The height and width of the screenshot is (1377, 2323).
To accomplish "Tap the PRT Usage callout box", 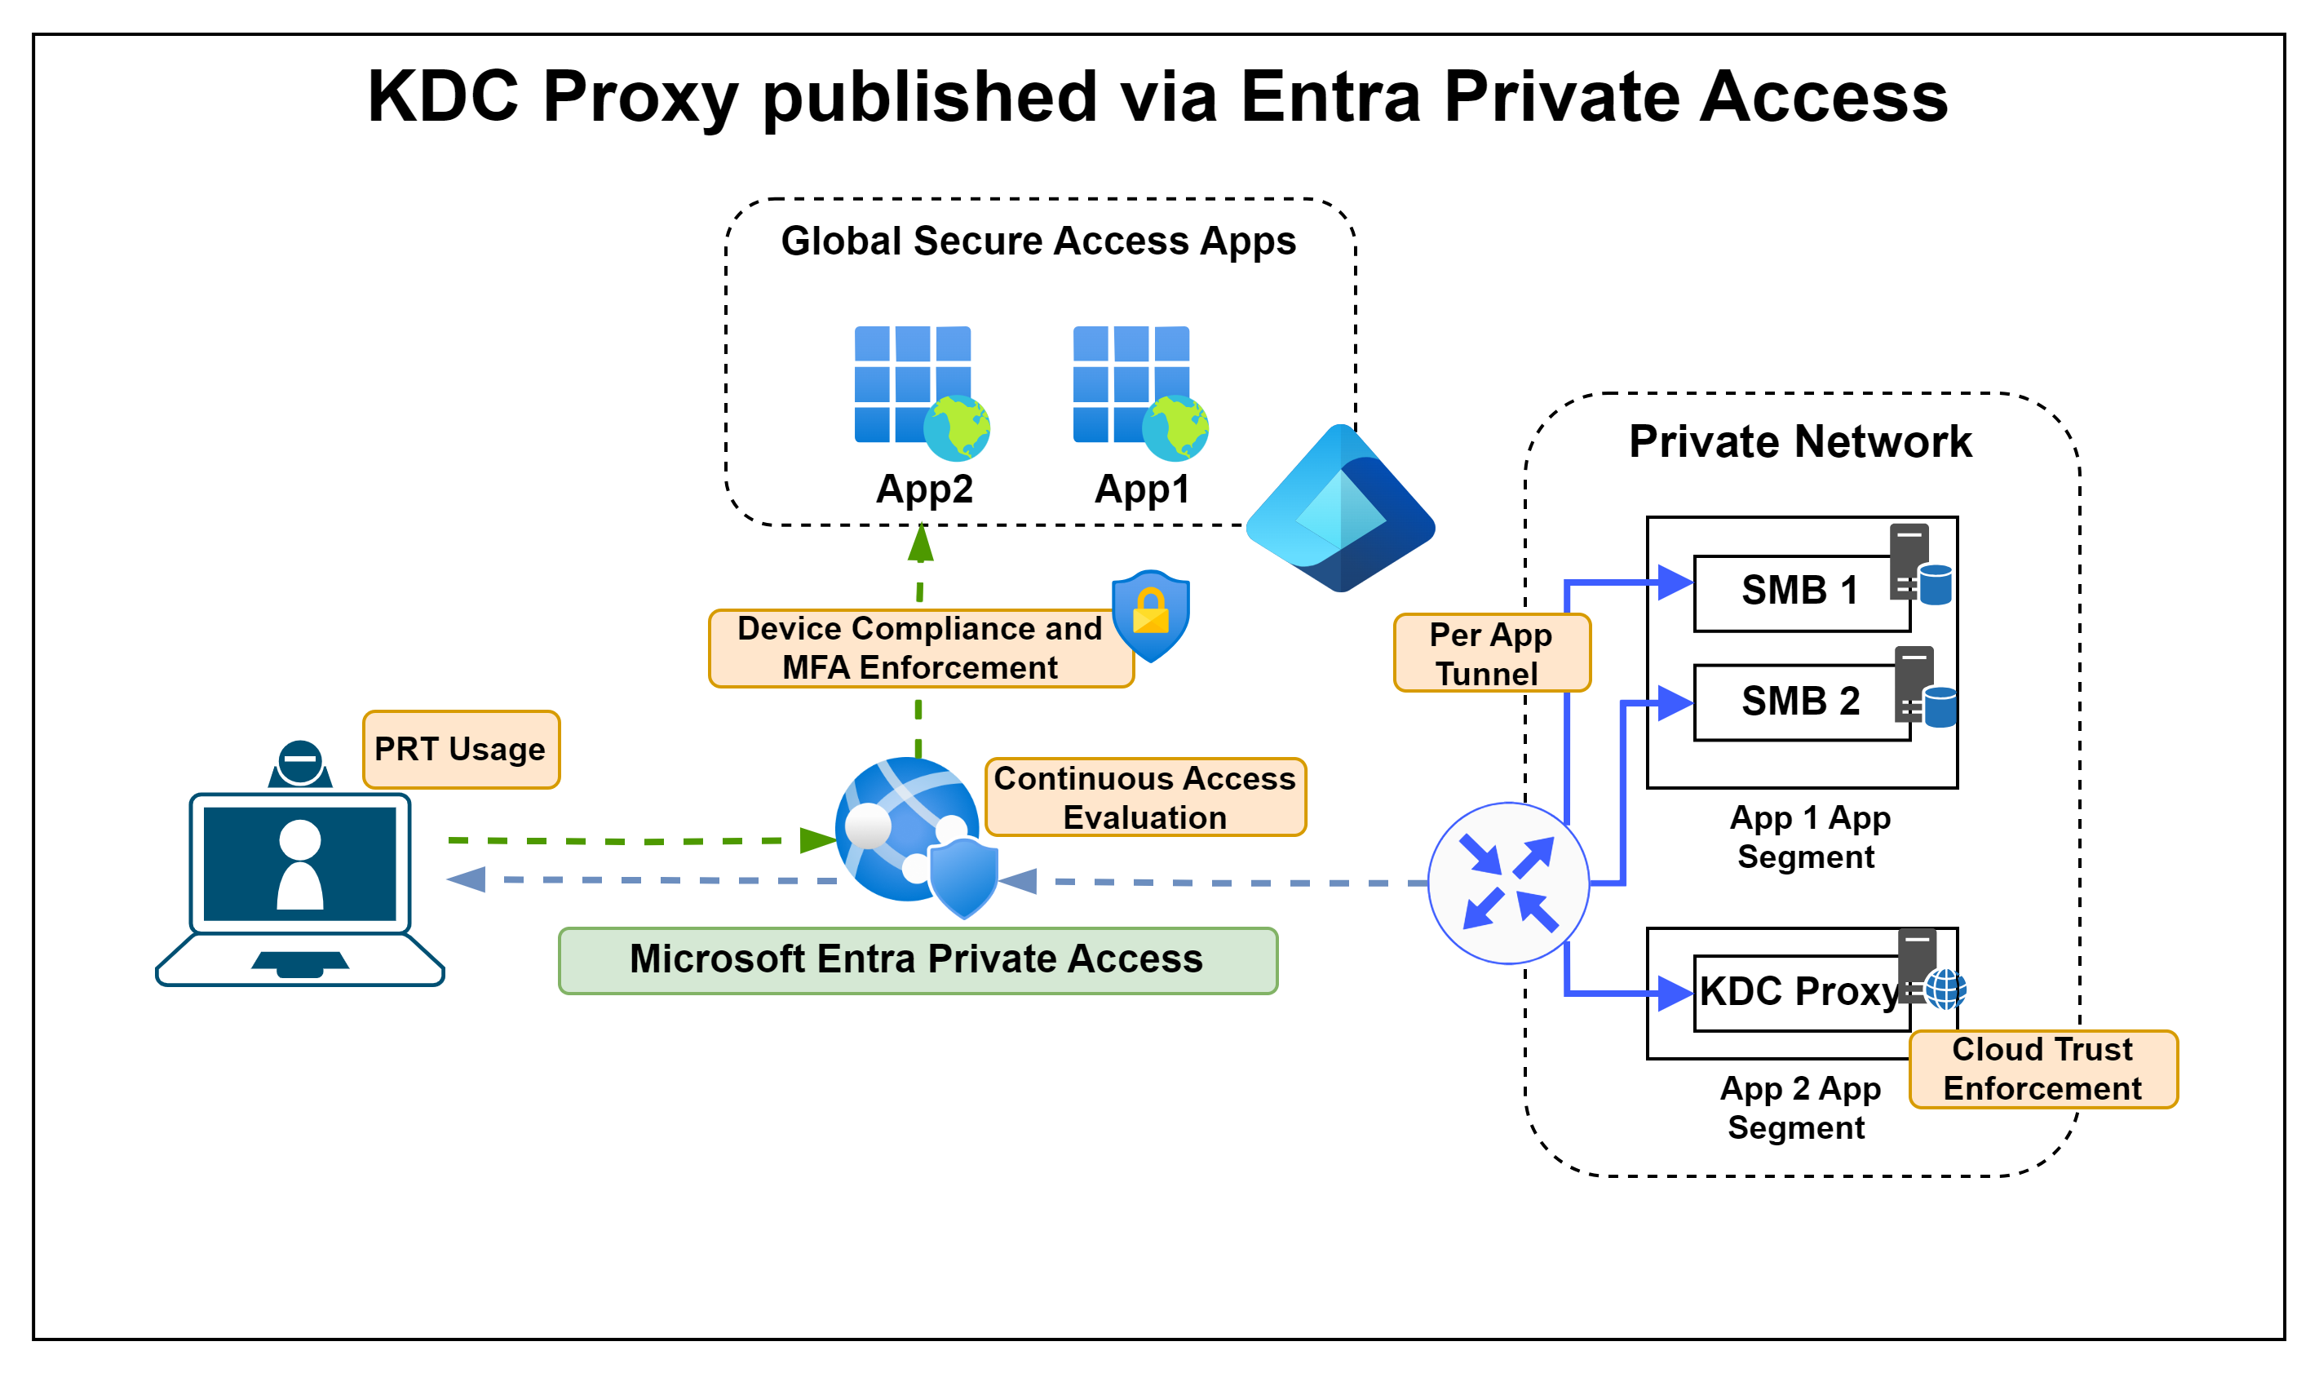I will tap(461, 750).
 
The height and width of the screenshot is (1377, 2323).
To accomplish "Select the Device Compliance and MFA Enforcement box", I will tap(920, 649).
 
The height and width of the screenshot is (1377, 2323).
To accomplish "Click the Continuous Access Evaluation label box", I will tap(1145, 797).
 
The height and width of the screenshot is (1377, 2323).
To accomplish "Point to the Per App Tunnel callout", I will tap(1491, 653).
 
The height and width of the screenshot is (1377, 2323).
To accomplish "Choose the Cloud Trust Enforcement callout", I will tap(2043, 1069).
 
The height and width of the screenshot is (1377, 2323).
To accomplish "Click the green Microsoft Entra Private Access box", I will tap(918, 960).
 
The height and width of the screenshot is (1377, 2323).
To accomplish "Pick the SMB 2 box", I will tap(1800, 702).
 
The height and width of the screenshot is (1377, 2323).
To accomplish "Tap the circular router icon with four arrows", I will tap(1508, 883).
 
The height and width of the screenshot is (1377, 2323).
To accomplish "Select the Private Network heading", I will tap(1800, 441).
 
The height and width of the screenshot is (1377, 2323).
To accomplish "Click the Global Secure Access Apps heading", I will tap(1038, 241).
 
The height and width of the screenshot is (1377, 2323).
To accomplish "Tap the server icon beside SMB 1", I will tap(1918, 565).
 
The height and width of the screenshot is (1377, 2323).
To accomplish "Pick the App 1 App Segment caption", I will tap(1809, 837).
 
